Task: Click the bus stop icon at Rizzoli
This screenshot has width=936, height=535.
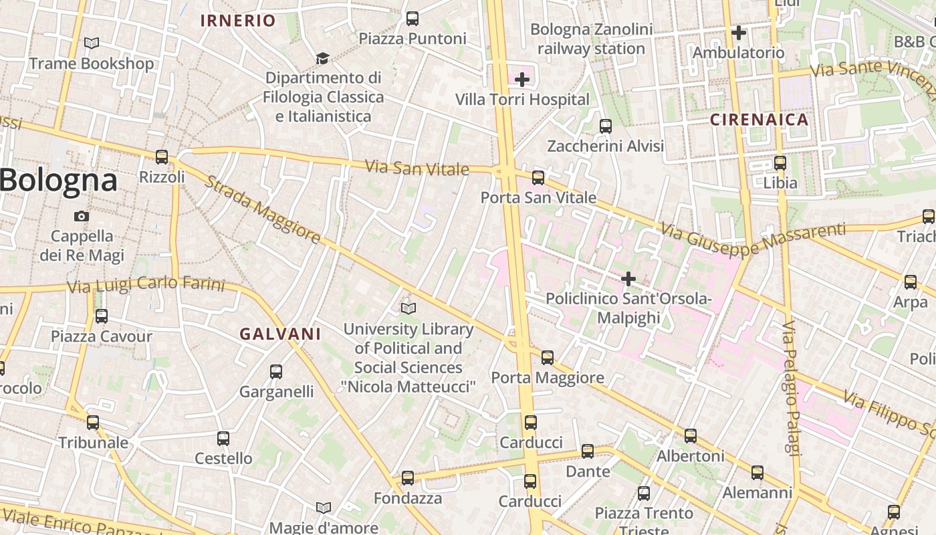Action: [161, 157]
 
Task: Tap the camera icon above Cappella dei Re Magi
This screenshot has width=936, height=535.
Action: [82, 216]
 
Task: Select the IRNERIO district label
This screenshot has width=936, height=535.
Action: [238, 21]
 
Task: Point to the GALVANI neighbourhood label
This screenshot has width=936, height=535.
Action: [280, 334]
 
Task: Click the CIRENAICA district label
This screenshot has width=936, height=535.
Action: [759, 120]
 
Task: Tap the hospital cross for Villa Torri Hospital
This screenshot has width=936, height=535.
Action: [522, 80]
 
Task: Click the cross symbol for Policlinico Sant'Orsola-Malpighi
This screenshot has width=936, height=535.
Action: [628, 279]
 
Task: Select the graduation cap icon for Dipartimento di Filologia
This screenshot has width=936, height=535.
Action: [323, 58]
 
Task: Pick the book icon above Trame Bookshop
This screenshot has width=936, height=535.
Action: [92, 43]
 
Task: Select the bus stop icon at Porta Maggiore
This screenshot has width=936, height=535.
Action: [548, 358]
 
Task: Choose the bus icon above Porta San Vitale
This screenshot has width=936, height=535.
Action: [538, 178]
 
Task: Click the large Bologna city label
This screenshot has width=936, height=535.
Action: [59, 181]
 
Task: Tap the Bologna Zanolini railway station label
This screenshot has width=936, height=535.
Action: [591, 39]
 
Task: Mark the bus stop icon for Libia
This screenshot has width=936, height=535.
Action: [780, 163]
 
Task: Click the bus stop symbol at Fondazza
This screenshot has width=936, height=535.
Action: [407, 478]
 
